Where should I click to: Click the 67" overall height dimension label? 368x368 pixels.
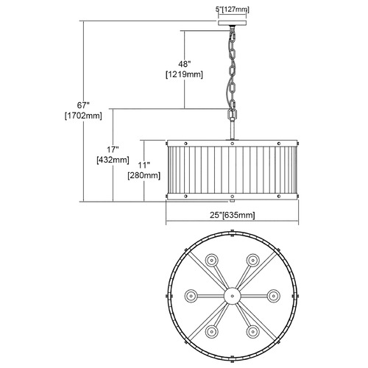coord(83,105)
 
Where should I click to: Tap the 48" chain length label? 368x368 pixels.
coord(185,64)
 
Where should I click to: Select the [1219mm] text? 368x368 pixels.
coord(185,74)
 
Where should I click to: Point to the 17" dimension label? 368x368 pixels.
coord(113,149)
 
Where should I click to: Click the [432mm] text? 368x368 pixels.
coord(113,160)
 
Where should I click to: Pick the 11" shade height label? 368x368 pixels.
coord(144,165)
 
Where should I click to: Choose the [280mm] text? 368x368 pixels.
coord(144,176)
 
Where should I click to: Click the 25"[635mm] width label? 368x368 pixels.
coord(233,215)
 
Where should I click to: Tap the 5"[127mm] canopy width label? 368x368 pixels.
coord(233,10)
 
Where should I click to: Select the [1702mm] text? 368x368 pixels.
coord(83,116)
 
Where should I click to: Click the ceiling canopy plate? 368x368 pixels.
coord(233,23)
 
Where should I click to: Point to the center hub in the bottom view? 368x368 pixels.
coord(233,296)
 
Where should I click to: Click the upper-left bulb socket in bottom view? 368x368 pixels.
coord(211,260)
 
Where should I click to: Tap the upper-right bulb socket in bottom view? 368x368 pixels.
coord(253,260)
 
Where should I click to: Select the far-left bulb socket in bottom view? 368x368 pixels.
coord(191,296)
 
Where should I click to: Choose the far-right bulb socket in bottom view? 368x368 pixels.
coord(274,296)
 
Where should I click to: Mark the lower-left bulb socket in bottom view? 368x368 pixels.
coord(211,332)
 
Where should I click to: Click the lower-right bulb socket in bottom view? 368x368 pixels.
coord(253,332)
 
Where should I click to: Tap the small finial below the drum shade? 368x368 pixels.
coord(233,201)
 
